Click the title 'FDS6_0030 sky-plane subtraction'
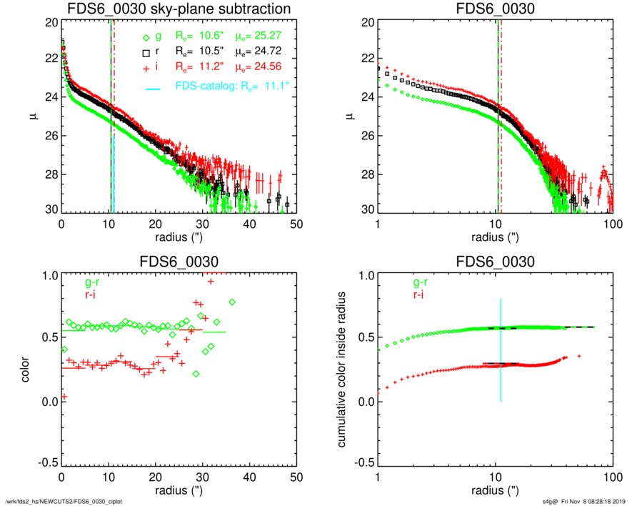coord(178,9)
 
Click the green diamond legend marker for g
coord(146,38)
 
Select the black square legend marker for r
coord(146,53)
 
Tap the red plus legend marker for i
coord(146,68)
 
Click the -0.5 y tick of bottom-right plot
coord(362,464)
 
